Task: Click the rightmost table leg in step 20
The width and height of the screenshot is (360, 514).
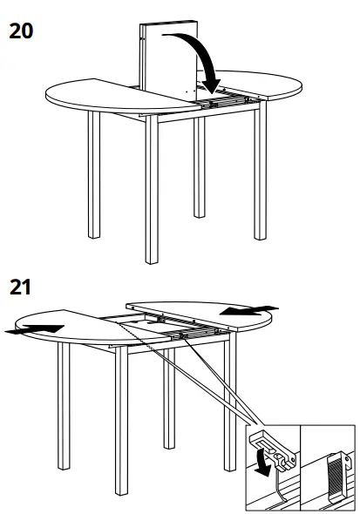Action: (259, 174)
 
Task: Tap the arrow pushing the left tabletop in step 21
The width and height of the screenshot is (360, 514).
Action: (35, 328)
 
